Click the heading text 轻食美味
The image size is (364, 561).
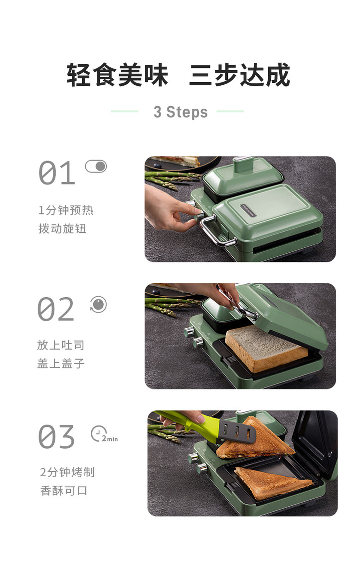pos(117,75)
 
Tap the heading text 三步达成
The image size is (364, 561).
pos(239,75)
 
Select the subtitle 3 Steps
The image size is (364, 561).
pos(181,112)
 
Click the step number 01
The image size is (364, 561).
pos(57,173)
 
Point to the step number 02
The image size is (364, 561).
pos(56,309)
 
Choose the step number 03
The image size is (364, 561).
pos(56,436)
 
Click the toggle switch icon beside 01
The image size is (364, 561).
pos(96,166)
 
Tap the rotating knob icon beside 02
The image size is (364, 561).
pos(98,305)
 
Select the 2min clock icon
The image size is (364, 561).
pos(104,434)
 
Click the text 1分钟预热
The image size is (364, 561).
pos(66,210)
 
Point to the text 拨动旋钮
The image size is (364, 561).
pos(62,228)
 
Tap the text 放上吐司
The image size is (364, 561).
pos(61,345)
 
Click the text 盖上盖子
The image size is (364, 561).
pos(61,363)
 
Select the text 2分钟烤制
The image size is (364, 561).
pos(67,472)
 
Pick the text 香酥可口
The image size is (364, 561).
pos(64,491)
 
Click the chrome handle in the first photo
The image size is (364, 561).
pos(217,232)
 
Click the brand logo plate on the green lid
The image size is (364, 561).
pos(248,210)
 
